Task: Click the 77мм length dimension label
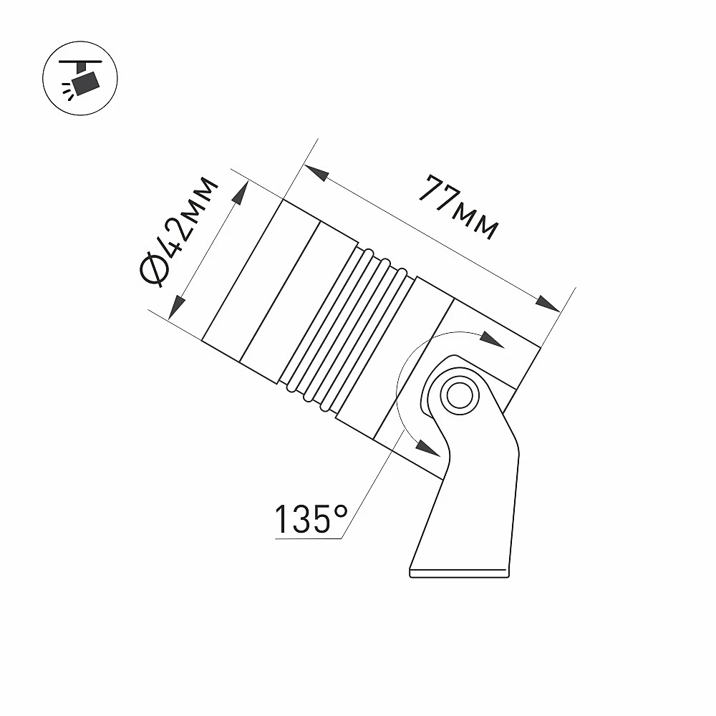pos(458,206)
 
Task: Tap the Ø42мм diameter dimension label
pos(178,232)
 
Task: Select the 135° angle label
pos(311,518)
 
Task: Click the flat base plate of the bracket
pos(460,573)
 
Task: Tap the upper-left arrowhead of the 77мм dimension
pos(316,173)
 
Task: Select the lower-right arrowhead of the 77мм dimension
pos(548,303)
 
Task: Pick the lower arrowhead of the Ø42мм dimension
pos(176,307)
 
